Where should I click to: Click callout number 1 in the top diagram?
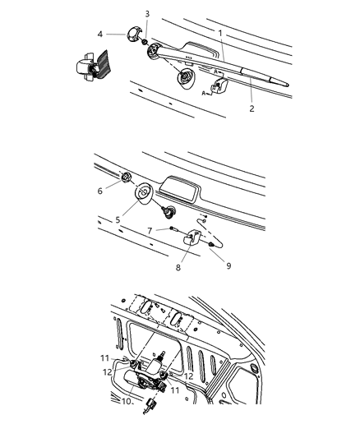click(x=220, y=33)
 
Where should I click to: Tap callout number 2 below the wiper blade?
click(x=252, y=108)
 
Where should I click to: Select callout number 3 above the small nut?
click(x=147, y=14)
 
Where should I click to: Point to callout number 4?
click(x=100, y=34)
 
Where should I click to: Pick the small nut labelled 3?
click(x=145, y=42)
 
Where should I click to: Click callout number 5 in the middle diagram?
click(x=118, y=220)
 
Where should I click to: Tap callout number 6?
click(x=100, y=191)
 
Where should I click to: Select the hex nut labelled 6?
click(x=126, y=177)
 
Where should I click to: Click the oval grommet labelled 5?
click(x=145, y=193)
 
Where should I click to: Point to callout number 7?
click(x=150, y=231)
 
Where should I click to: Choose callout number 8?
click(x=178, y=267)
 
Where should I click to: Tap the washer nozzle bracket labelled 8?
click(x=192, y=237)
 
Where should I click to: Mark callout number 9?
click(x=228, y=265)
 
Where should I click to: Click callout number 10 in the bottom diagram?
click(x=127, y=401)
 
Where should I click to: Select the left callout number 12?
click(x=108, y=372)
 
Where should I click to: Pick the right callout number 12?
click(x=189, y=376)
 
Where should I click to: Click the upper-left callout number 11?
click(x=104, y=358)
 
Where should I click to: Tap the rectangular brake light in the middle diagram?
click(x=179, y=189)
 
